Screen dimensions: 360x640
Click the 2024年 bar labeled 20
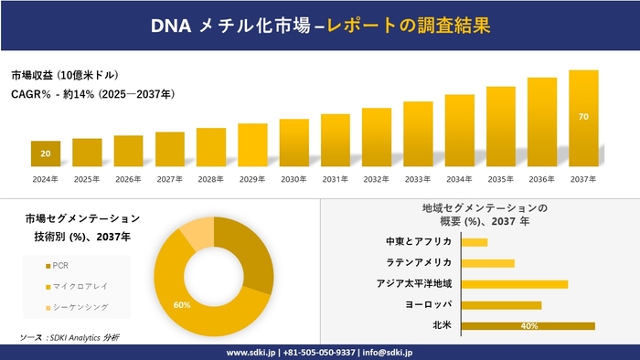point(45,154)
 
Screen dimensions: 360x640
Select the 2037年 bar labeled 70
point(582,118)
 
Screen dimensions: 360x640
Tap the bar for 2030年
point(293,143)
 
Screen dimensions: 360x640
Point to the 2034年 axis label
point(459,179)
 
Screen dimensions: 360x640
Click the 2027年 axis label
point(169,179)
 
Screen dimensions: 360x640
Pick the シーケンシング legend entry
point(75,306)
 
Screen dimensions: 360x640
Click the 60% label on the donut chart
point(182,304)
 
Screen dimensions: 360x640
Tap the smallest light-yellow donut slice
point(197,234)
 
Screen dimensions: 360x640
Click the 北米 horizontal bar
point(528,325)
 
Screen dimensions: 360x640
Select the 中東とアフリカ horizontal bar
point(475,242)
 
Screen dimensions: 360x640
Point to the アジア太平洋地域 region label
point(414,283)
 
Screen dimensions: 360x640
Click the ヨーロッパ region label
point(426,304)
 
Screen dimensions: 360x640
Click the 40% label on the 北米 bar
point(528,325)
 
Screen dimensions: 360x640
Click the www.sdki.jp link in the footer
point(252,352)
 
